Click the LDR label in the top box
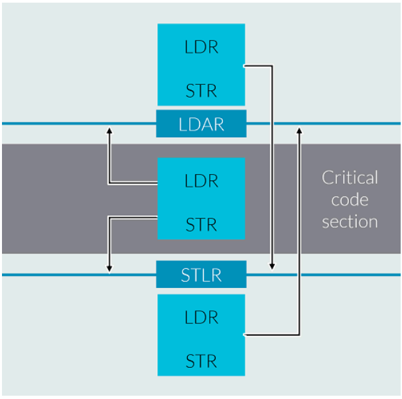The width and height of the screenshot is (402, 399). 201,48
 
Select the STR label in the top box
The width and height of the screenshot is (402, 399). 201,91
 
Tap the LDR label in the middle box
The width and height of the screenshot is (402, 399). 201,181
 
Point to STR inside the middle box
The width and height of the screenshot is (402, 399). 201,225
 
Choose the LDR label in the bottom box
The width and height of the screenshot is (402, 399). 201,317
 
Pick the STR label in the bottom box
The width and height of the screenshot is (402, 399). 201,362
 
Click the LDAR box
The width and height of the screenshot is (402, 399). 201,124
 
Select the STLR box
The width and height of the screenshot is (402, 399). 201,274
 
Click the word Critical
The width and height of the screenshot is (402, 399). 350,178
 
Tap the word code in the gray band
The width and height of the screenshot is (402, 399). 350,200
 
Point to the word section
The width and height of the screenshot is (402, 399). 350,222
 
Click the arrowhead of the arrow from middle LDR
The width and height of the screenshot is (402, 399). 109,131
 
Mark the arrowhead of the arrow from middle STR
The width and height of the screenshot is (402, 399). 109,268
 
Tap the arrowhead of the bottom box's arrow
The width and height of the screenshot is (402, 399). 299,131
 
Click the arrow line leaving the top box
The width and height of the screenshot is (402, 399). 272,166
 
